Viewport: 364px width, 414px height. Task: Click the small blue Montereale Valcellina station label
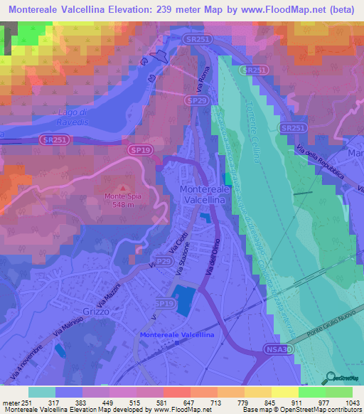176,334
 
